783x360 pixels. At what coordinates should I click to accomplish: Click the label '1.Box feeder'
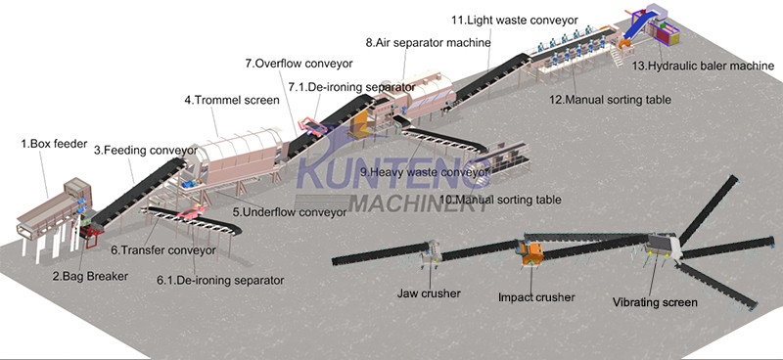click(x=54, y=145)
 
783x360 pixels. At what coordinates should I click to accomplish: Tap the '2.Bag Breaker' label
click(x=90, y=276)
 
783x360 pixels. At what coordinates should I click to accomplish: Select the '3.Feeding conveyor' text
click(x=146, y=150)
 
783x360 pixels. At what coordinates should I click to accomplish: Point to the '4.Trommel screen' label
click(x=232, y=100)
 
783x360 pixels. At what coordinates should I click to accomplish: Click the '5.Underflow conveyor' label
click(x=290, y=211)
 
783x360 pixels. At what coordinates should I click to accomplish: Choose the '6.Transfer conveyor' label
click(x=163, y=250)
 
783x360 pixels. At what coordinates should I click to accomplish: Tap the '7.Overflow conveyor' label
click(x=299, y=64)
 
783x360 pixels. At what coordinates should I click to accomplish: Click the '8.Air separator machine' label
click(x=428, y=42)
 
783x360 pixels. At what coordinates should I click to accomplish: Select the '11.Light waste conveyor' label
click(x=515, y=20)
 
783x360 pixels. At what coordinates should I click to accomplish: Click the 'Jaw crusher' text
click(x=429, y=293)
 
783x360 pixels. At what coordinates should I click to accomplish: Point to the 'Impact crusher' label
click(x=536, y=297)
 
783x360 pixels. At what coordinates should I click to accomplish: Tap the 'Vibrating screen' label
click(x=655, y=302)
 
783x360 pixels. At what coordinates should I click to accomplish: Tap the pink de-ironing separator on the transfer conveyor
click(x=191, y=213)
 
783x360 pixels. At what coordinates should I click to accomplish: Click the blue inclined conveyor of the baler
click(x=638, y=27)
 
